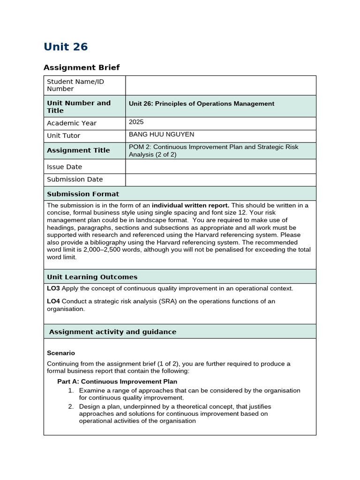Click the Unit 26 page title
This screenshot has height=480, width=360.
coord(66,47)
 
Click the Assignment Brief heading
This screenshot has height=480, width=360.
coord(82,67)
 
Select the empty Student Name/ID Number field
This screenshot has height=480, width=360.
coord(220,85)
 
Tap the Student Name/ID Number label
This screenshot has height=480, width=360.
coord(75,85)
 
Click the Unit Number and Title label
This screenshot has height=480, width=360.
coord(79,106)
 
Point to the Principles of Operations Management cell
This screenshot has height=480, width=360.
coord(202,104)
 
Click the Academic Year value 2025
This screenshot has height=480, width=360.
coord(136,122)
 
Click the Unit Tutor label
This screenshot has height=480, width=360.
coord(64,135)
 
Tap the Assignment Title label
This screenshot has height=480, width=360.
coord(78,150)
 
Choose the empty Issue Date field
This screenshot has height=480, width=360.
coord(220,166)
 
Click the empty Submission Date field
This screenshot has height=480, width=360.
coord(220,180)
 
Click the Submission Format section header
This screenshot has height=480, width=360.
coord(83,194)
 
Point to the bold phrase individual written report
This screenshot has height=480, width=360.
coord(190,205)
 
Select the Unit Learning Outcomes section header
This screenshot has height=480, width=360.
coord(92,277)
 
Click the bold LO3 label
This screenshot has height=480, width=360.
coord(53,288)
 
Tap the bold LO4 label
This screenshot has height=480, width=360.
coord(53,301)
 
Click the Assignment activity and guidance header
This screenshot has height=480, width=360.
coord(113,331)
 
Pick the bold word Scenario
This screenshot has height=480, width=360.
coord(61,353)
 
